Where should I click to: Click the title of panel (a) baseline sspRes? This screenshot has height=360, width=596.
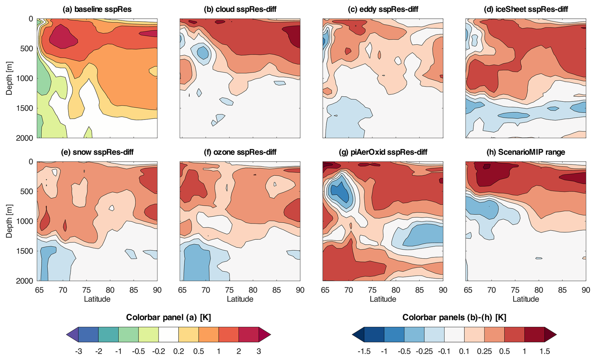click(x=97, y=9)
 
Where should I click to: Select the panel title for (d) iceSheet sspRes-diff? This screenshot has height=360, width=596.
click(x=525, y=9)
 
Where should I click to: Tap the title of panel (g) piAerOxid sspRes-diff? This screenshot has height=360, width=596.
click(x=383, y=152)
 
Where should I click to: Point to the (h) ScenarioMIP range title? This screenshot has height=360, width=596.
click(x=525, y=152)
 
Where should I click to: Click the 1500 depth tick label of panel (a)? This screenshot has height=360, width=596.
click(x=25, y=108)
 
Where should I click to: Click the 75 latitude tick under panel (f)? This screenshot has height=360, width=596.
click(x=229, y=290)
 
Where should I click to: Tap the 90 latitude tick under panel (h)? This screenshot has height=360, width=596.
click(x=586, y=290)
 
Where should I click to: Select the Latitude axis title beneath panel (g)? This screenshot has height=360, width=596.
click(x=383, y=299)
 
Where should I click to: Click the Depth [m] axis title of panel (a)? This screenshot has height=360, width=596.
click(x=9, y=78)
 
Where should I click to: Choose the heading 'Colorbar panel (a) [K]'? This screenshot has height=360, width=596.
click(x=168, y=317)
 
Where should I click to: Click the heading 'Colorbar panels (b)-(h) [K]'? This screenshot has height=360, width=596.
click(x=454, y=317)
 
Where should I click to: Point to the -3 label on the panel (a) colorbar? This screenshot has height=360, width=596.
click(x=78, y=351)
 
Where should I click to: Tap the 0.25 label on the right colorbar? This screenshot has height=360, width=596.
click(x=484, y=351)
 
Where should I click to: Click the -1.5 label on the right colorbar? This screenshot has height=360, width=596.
click(x=364, y=351)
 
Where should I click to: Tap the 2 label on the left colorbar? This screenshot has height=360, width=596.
click(x=238, y=351)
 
